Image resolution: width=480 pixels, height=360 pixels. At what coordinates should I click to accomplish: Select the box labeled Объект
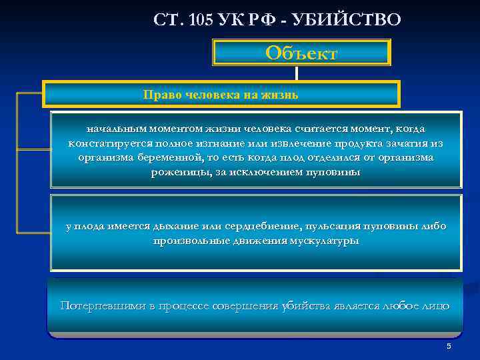click(x=301, y=52)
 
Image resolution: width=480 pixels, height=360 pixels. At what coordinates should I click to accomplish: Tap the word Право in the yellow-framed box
click(x=157, y=95)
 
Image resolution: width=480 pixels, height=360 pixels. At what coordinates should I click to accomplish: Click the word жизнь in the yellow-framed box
click(x=279, y=95)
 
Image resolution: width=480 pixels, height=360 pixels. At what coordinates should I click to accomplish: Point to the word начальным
click(x=113, y=128)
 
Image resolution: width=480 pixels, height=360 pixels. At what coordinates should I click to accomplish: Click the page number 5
click(x=449, y=346)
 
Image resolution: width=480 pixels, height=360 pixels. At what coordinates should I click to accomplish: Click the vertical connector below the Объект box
click(x=296, y=73)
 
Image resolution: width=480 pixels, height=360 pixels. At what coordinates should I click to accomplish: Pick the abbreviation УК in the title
click(x=227, y=20)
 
